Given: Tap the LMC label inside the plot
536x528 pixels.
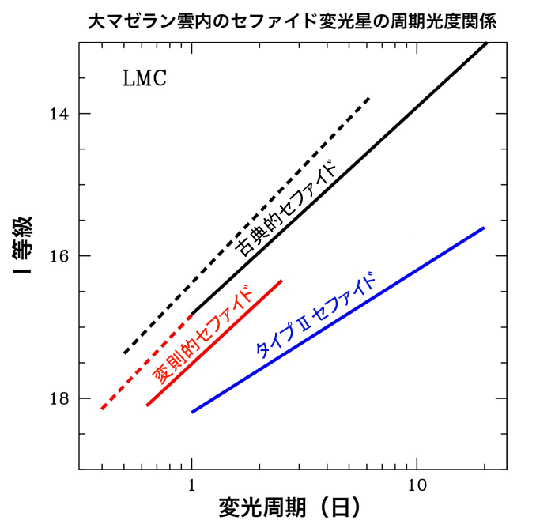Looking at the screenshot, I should tap(145, 80).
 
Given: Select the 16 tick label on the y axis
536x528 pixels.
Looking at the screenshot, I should tap(59, 256).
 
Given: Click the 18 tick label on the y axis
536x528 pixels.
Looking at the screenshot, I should tap(59, 398).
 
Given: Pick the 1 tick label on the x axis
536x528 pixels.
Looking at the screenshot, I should tap(192, 485).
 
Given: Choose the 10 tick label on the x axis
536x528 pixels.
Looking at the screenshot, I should tap(417, 485).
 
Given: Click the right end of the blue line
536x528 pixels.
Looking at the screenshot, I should tap(484, 228).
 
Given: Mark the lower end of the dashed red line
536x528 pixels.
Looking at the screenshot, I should tap(101, 409).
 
